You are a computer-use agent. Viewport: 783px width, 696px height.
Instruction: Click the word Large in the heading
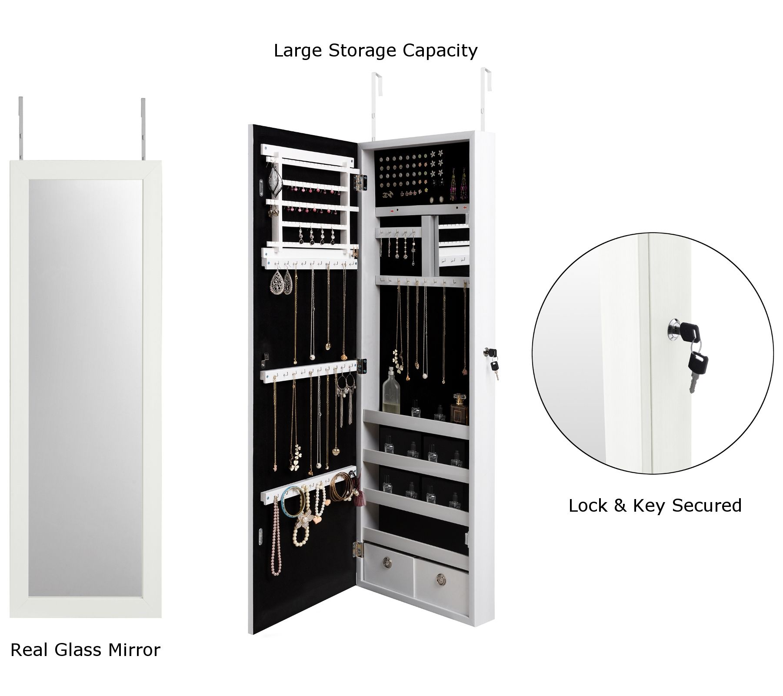click(x=298, y=51)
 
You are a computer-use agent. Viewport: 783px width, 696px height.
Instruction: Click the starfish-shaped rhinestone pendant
click(x=302, y=524)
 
